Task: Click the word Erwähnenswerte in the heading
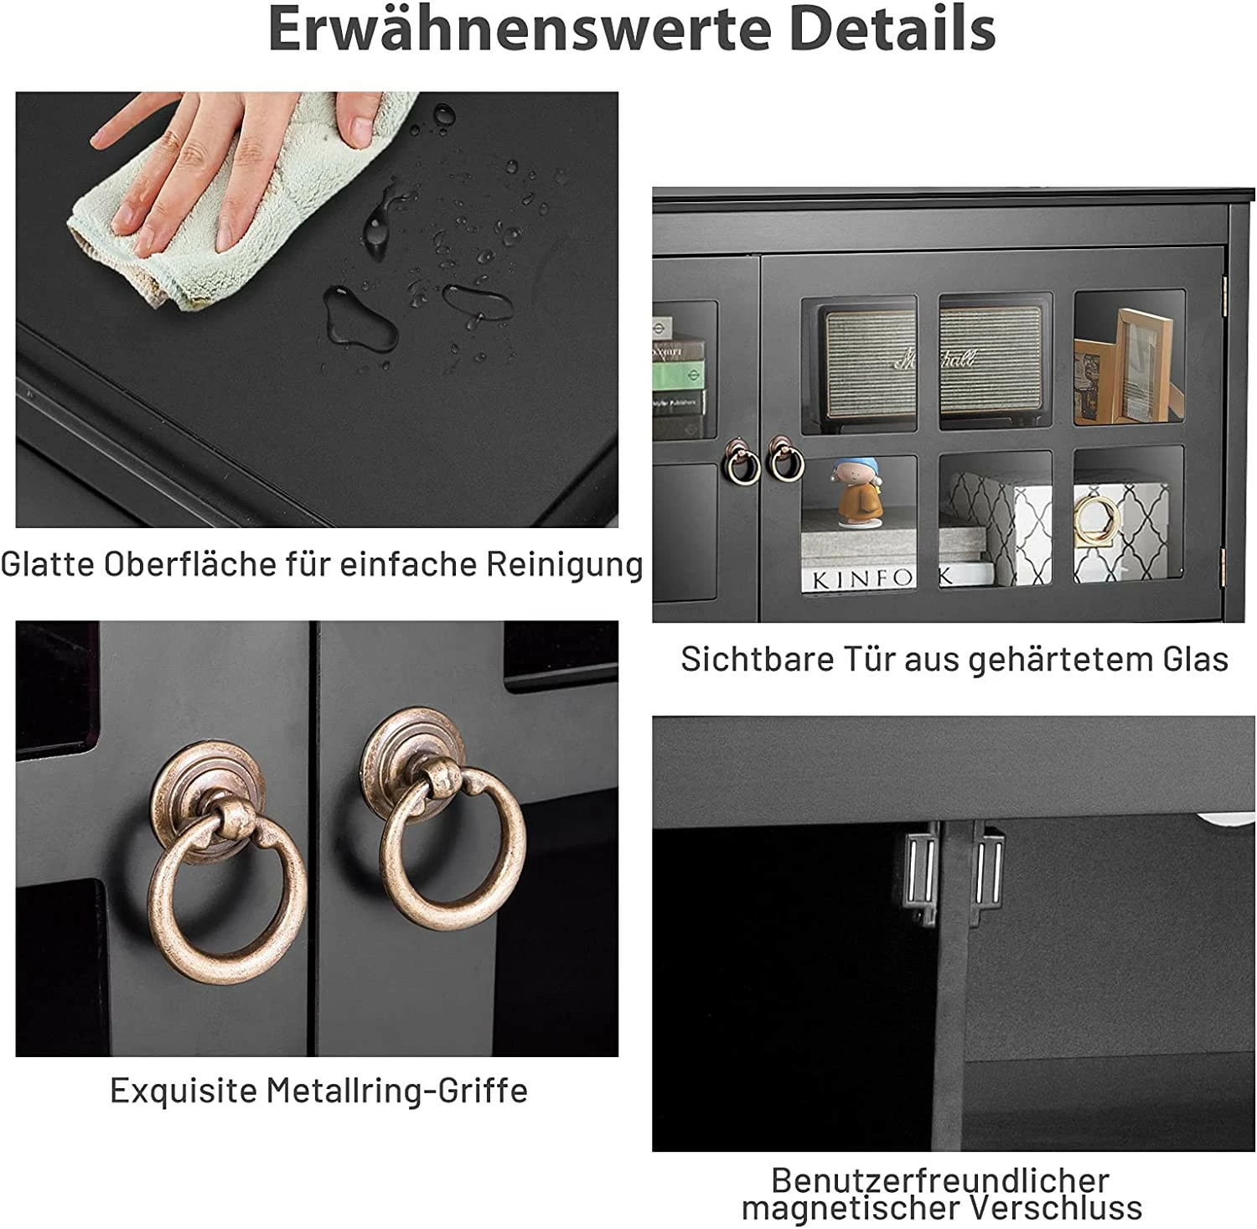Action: point(520,29)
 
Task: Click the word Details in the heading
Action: point(892,29)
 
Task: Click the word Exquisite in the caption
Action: point(184,1091)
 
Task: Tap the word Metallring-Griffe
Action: point(397,1091)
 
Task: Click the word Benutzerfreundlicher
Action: point(940,1180)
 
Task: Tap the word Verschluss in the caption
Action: point(1058,1209)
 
